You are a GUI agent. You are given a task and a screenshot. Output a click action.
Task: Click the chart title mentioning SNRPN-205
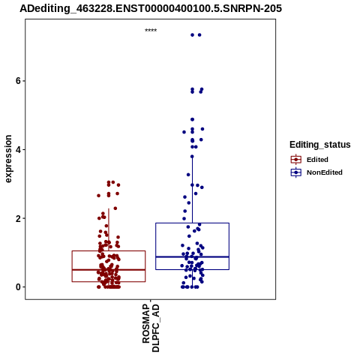click(x=151, y=8)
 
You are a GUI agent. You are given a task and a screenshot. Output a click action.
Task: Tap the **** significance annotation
click(x=151, y=30)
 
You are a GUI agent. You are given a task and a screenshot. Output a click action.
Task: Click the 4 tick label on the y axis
click(x=17, y=149)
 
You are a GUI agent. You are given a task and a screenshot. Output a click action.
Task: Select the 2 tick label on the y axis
click(x=17, y=218)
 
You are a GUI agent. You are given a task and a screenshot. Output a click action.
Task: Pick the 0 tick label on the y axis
click(x=17, y=287)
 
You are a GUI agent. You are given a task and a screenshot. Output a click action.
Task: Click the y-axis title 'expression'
click(x=8, y=159)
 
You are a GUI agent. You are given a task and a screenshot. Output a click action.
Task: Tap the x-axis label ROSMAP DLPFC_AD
click(x=151, y=328)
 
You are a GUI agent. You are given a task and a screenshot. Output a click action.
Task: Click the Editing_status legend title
click(x=320, y=145)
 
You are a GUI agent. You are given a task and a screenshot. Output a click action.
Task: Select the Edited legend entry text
click(x=317, y=160)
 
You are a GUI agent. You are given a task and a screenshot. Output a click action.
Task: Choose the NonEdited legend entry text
click(x=325, y=172)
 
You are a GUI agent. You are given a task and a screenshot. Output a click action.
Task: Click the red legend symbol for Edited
click(x=296, y=160)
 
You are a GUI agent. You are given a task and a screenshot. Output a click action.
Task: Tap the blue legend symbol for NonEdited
click(x=296, y=172)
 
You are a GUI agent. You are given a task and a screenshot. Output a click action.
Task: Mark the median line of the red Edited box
click(x=109, y=270)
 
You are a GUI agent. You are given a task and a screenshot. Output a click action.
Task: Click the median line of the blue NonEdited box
click(x=192, y=256)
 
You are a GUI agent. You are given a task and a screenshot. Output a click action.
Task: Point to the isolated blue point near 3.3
click(x=188, y=175)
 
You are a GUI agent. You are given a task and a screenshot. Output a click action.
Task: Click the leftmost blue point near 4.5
click(x=184, y=132)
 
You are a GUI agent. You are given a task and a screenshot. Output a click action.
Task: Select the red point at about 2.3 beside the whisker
click(x=115, y=208)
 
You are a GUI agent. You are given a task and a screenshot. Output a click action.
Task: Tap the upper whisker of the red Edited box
click(x=109, y=229)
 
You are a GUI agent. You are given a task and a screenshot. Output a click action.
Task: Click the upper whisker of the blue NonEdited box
click(x=192, y=190)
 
